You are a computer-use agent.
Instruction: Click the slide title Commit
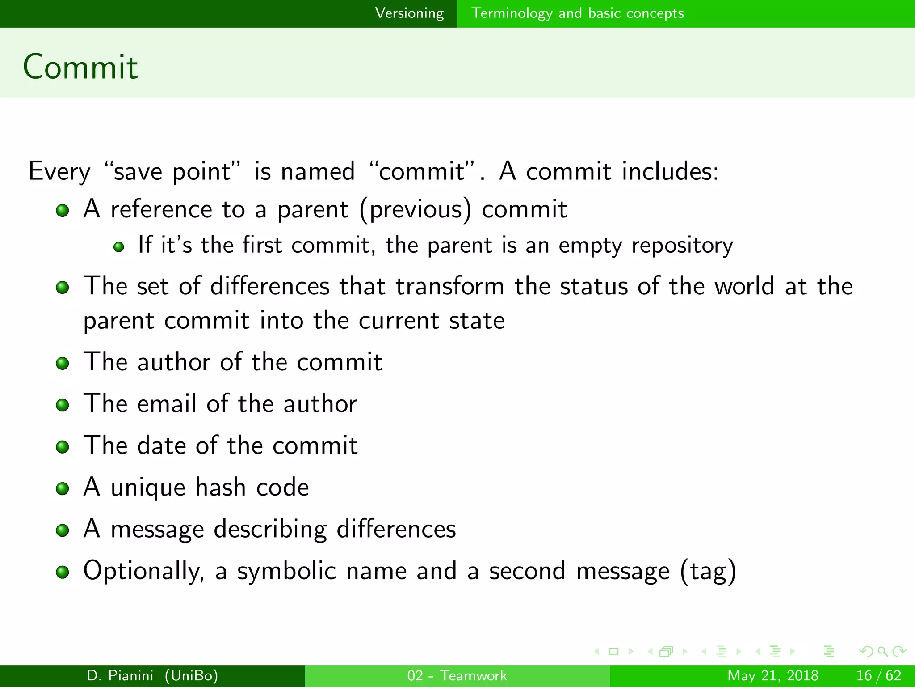(x=80, y=67)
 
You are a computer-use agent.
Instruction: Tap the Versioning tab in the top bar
(x=409, y=13)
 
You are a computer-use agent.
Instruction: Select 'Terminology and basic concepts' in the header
(x=577, y=13)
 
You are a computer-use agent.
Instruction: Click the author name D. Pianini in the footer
(x=120, y=675)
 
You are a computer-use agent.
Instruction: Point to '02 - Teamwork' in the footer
(x=457, y=675)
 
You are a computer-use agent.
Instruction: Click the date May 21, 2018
(x=772, y=675)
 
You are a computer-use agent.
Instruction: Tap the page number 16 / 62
(x=878, y=675)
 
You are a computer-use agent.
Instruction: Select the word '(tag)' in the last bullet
(x=708, y=572)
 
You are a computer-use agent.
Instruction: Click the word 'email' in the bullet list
(x=167, y=403)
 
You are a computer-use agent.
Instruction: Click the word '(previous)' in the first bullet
(x=416, y=210)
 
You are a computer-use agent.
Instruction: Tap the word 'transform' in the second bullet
(x=450, y=286)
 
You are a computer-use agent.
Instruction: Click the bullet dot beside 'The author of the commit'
(x=63, y=363)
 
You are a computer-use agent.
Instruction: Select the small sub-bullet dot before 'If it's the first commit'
(x=118, y=247)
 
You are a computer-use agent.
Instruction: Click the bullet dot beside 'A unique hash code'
(x=63, y=488)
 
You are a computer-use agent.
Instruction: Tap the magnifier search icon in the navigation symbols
(x=882, y=651)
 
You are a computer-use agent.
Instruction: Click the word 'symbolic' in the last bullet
(x=286, y=571)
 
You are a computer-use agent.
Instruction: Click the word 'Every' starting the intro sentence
(x=59, y=171)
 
